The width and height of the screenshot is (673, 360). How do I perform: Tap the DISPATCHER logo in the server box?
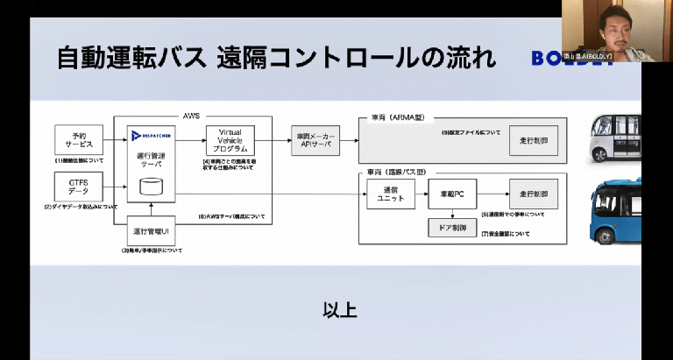click(x=152, y=134)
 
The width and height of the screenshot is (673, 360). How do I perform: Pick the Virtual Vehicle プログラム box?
click(x=230, y=140)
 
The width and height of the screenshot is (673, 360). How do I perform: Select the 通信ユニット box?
click(x=390, y=194)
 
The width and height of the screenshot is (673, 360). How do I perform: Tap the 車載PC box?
click(x=452, y=194)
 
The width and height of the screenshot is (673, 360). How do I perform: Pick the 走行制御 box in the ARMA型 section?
click(x=533, y=141)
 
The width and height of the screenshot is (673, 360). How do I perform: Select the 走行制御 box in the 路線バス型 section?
click(x=533, y=194)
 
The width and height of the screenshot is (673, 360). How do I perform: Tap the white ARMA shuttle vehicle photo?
click(x=618, y=136)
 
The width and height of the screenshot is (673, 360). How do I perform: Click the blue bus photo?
click(x=619, y=209)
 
